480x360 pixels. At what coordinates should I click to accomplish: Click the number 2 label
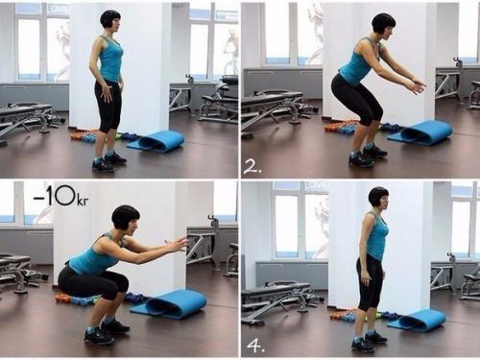coord(252,167)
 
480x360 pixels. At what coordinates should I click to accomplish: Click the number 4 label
coord(255,347)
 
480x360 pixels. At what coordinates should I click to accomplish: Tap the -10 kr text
coord(61,197)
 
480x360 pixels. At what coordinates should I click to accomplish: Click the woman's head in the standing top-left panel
coord(110,20)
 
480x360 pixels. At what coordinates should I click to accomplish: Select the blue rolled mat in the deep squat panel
coord(169,303)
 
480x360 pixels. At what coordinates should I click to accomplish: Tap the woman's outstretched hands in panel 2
coord(418,85)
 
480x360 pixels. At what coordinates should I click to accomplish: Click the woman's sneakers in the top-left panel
coord(108,161)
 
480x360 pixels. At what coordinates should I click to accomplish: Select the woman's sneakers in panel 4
coord(369,342)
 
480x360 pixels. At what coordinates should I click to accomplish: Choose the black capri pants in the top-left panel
coord(108,106)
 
